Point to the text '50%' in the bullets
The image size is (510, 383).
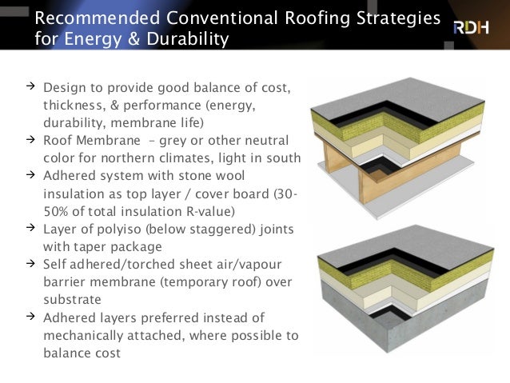coord(56,211)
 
